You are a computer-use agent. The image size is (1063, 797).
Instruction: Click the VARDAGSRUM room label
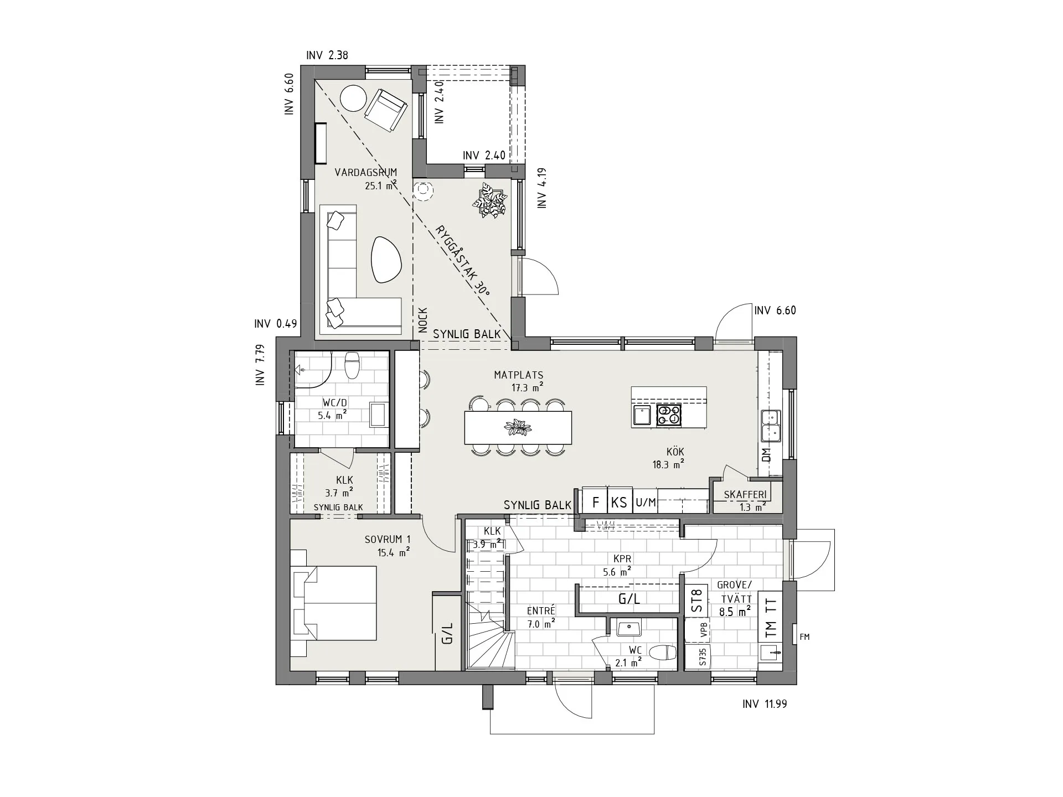[x=366, y=172]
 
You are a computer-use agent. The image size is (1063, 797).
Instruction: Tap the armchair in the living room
[x=386, y=111]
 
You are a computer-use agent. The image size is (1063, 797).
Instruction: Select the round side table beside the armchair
[x=353, y=98]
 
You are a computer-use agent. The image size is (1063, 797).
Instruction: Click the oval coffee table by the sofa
[x=386, y=258]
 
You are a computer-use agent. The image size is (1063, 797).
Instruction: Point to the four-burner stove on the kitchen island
[x=669, y=415]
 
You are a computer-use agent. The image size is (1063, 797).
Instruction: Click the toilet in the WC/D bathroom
[x=352, y=365]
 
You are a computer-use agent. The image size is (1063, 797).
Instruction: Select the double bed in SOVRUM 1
[x=333, y=603]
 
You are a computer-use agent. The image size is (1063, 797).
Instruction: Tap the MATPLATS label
[x=519, y=375]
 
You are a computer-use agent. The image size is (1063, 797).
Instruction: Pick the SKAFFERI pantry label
[x=745, y=494]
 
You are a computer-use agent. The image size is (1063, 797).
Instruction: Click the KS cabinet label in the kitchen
[x=619, y=503]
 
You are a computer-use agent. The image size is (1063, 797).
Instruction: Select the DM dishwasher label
[x=766, y=455]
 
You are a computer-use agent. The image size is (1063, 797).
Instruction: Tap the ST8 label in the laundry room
[x=697, y=600]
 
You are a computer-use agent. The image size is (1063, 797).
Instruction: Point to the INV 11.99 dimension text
[x=765, y=704]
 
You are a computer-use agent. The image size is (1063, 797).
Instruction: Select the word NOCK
[x=423, y=320]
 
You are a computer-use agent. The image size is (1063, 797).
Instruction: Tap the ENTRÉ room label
[x=541, y=610]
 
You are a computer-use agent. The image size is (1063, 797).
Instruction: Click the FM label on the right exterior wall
[x=804, y=637]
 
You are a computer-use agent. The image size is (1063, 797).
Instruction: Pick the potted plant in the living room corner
[x=490, y=200]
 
